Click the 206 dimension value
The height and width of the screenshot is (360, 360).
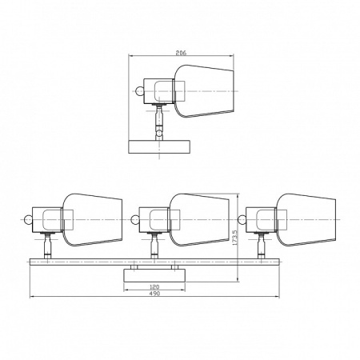tap(181, 53)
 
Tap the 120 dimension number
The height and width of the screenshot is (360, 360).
tap(154, 287)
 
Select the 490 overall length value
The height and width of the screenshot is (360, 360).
tap(154, 294)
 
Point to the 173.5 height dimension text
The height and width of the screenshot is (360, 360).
tap(234, 238)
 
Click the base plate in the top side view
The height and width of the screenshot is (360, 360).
tap(159, 146)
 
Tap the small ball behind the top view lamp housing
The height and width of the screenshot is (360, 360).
tap(139, 91)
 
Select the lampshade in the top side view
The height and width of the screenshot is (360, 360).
tap(204, 91)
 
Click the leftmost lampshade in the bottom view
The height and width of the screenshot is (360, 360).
tap(92, 220)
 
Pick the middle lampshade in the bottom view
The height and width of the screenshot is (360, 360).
tap(199, 220)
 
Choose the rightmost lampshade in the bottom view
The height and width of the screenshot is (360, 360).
tap(306, 220)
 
